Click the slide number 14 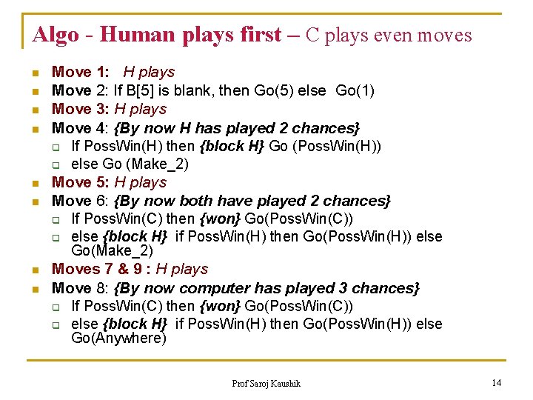click(x=497, y=382)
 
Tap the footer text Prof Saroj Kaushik click(x=266, y=383)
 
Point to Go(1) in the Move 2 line click(x=355, y=90)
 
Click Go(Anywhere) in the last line click(x=118, y=339)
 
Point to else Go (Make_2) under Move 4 click(x=130, y=164)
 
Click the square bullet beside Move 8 click(x=34, y=289)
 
